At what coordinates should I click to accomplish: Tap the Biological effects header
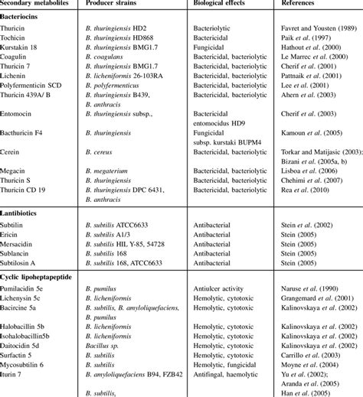coord(220,5)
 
